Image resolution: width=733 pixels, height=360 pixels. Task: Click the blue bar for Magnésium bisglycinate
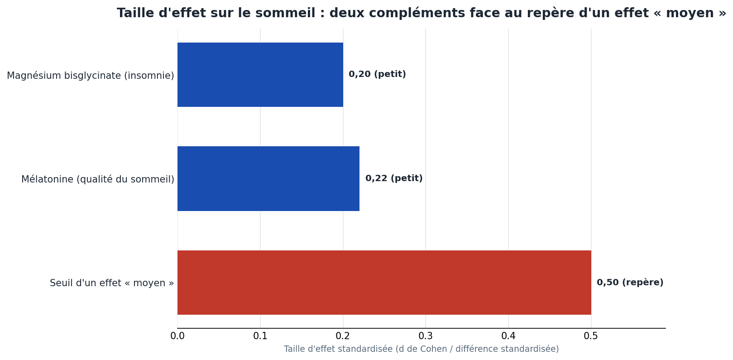click(260, 75)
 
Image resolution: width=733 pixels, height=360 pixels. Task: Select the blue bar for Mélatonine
click(268, 179)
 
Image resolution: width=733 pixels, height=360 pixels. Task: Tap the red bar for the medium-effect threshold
click(384, 283)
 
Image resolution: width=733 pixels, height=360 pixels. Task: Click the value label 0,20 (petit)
click(377, 74)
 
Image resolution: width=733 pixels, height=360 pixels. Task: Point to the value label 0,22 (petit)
click(394, 178)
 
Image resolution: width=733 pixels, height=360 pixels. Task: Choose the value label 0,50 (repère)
click(630, 283)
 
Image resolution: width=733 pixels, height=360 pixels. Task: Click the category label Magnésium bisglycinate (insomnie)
click(90, 76)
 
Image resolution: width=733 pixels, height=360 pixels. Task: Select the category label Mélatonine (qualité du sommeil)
click(97, 179)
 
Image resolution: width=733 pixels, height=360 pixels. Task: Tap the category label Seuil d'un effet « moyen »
click(111, 283)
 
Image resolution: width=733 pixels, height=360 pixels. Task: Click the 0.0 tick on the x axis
click(177, 336)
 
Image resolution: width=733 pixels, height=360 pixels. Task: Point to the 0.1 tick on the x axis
click(260, 336)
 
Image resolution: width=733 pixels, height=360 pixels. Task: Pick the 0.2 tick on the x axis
click(343, 336)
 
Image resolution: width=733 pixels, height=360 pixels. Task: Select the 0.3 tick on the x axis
click(426, 336)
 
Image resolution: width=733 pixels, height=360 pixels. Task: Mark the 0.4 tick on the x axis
click(508, 336)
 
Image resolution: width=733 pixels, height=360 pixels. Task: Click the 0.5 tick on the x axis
click(591, 336)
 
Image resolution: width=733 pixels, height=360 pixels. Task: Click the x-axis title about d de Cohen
click(421, 349)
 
